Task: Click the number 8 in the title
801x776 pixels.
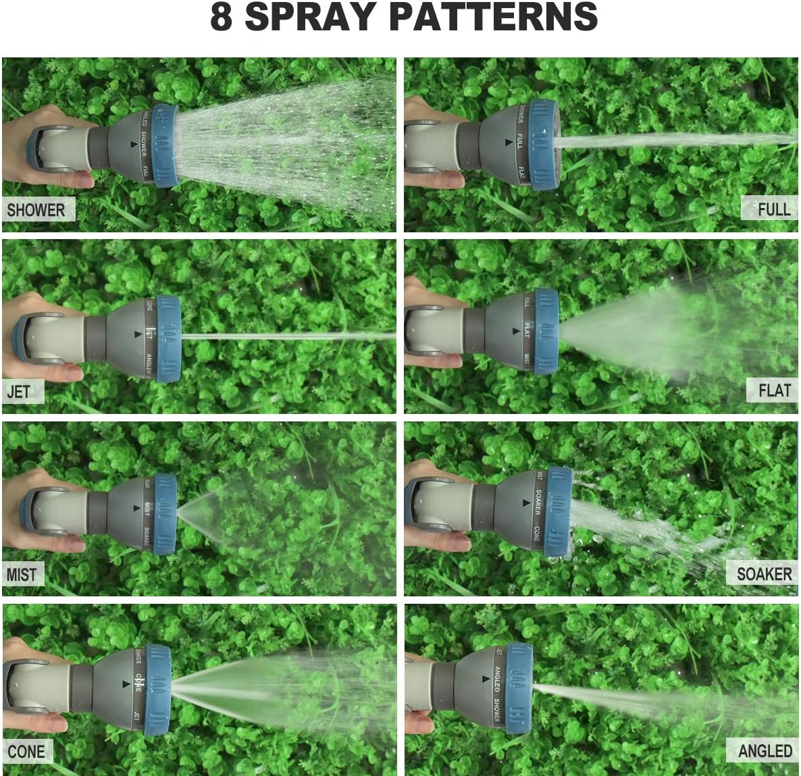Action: tap(222, 18)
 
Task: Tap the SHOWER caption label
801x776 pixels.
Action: tap(36, 210)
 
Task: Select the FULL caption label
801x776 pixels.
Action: tap(773, 209)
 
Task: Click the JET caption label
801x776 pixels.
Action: tap(19, 392)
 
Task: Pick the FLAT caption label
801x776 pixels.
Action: tap(774, 390)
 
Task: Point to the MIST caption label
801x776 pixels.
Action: tap(22, 575)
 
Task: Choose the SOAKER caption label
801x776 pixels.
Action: tap(764, 574)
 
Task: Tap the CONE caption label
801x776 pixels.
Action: tap(26, 751)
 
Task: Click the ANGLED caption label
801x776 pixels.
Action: tap(765, 750)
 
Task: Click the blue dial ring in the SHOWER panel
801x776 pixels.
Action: tap(165, 146)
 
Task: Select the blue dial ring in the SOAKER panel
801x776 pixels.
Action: tap(558, 511)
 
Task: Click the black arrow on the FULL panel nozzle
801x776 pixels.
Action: tap(507, 143)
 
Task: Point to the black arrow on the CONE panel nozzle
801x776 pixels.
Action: tap(126, 683)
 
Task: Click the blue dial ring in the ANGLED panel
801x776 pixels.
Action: tap(519, 689)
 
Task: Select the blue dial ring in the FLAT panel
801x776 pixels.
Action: tap(546, 332)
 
